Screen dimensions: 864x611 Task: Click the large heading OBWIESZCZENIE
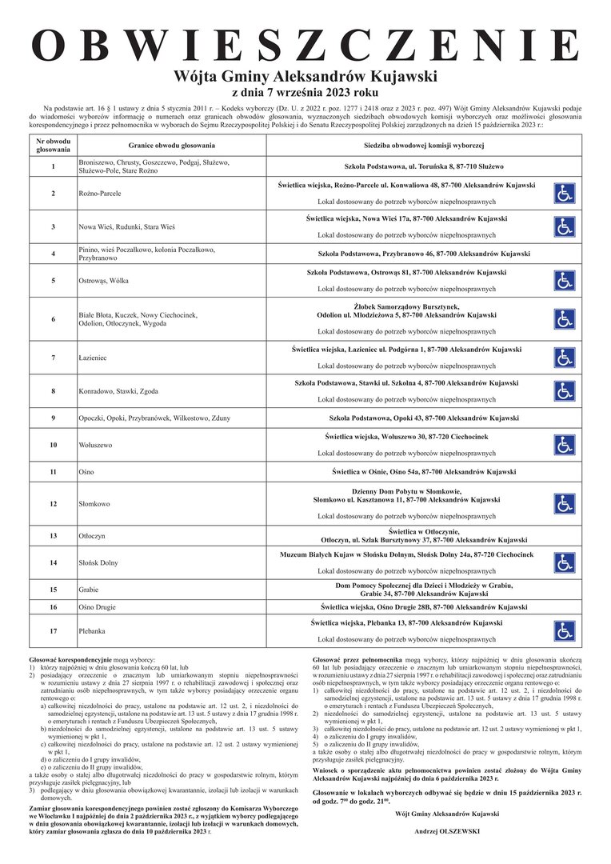click(305, 46)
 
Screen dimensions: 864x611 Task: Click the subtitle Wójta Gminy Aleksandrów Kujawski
click(305, 78)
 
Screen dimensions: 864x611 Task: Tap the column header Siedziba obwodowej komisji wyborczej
click(424, 145)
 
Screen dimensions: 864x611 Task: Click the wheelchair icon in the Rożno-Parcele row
click(565, 193)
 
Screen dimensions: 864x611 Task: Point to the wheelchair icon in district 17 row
click(565, 630)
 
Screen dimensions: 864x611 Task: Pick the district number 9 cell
click(53, 418)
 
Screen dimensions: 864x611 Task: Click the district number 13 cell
click(53, 535)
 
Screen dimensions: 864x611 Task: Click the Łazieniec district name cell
click(93, 358)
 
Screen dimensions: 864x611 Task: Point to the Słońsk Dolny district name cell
click(100, 562)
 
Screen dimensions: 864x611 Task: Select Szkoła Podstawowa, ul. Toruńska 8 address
click(424, 166)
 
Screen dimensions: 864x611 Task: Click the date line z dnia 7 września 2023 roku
click(305, 93)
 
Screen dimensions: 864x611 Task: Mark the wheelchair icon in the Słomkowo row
click(565, 503)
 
